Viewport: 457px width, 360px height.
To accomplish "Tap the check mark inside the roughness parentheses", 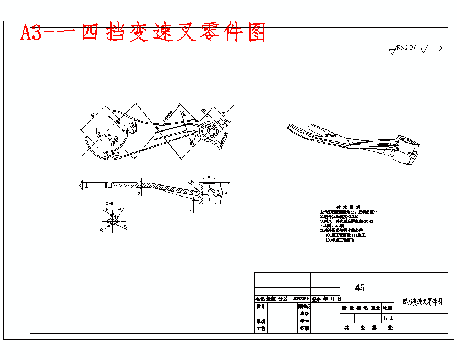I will pyautogui.click(x=426, y=48).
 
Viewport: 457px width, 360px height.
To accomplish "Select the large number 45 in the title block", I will pyautogui.click(x=360, y=288).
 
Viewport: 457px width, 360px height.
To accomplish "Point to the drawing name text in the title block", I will pyautogui.click(x=420, y=302).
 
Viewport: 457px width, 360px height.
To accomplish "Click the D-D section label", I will pyautogui.click(x=110, y=204).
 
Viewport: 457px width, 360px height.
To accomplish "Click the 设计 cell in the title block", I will pyautogui.click(x=260, y=307).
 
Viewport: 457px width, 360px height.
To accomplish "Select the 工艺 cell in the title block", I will pyautogui.click(x=260, y=329).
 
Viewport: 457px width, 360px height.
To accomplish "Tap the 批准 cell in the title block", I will pyautogui.click(x=303, y=329).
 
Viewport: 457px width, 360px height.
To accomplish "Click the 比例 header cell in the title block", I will pyautogui.click(x=388, y=309).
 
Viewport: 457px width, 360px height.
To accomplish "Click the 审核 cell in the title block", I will pyautogui.click(x=260, y=320).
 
